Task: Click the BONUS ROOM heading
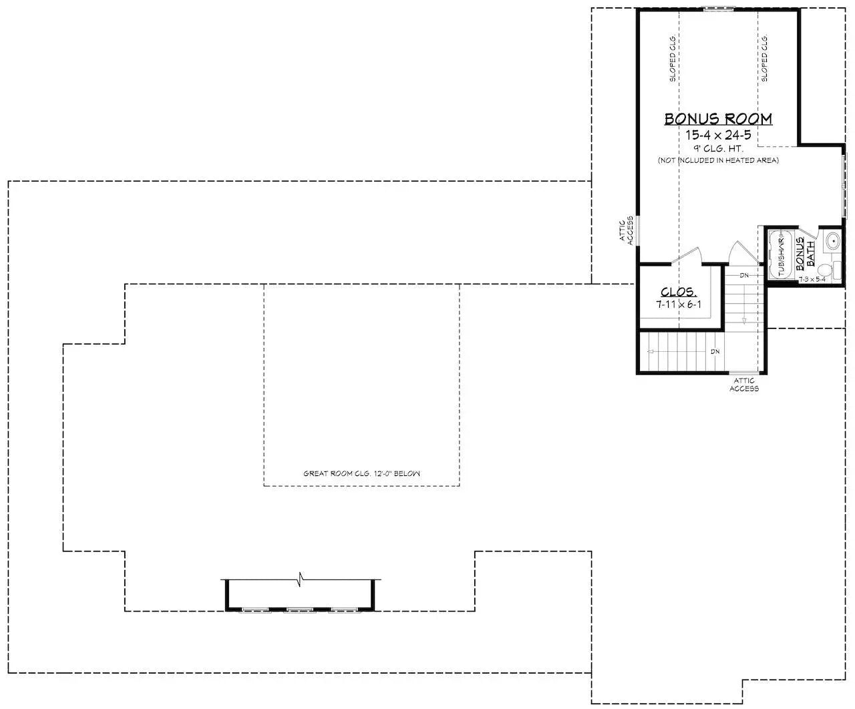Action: tap(718, 119)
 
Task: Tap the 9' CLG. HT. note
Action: tap(718, 148)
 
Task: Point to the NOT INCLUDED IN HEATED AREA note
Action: tap(718, 160)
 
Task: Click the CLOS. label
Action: tap(679, 292)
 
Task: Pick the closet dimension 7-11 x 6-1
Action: tap(679, 304)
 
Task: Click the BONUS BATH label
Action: tap(805, 254)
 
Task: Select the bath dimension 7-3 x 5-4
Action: tap(812, 279)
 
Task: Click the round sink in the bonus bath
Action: tap(832, 240)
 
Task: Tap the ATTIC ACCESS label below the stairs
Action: tap(743, 385)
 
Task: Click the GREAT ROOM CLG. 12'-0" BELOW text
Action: tap(361, 473)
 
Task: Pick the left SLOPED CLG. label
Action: tap(673, 58)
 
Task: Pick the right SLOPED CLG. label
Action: tap(764, 58)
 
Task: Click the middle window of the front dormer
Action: tap(300, 610)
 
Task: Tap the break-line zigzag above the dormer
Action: tap(301, 575)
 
